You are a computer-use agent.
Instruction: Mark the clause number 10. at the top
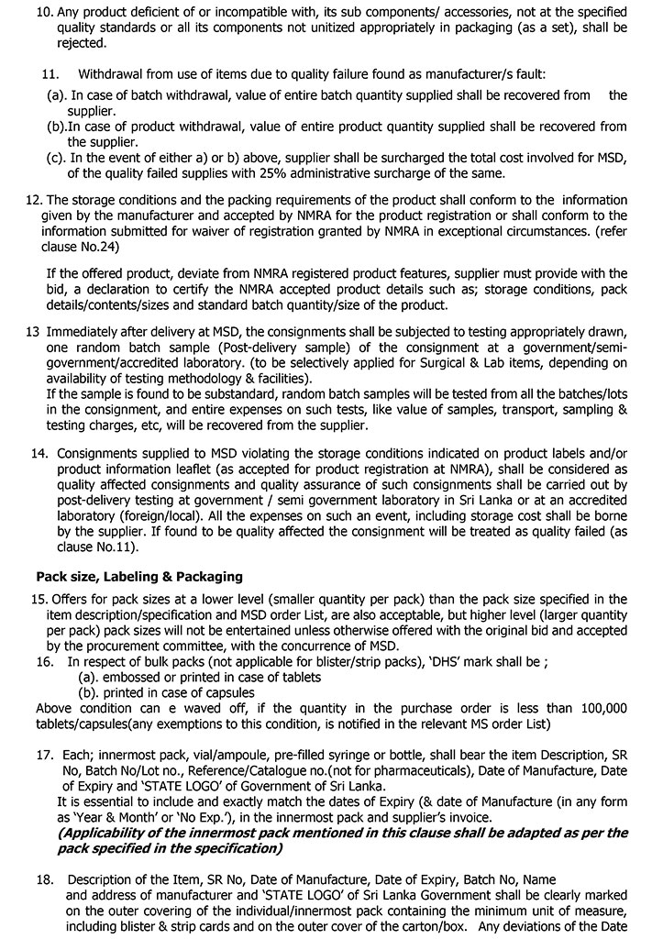42,14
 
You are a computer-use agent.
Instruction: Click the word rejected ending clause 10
81,43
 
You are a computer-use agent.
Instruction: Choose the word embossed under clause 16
134,678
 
